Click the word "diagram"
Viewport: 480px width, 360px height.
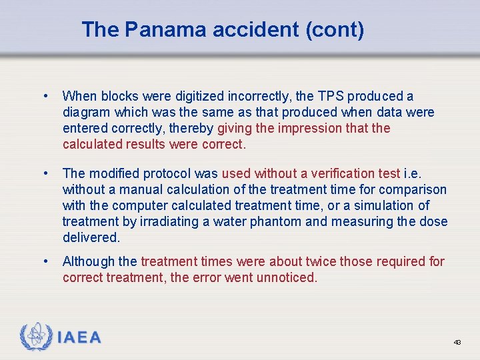point(86,112)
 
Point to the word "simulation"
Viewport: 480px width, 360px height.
point(387,205)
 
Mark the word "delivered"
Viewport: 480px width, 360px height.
point(91,237)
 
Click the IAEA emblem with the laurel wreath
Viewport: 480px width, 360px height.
point(35,337)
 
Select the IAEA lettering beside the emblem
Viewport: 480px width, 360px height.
point(79,338)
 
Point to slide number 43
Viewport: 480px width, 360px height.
point(457,342)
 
